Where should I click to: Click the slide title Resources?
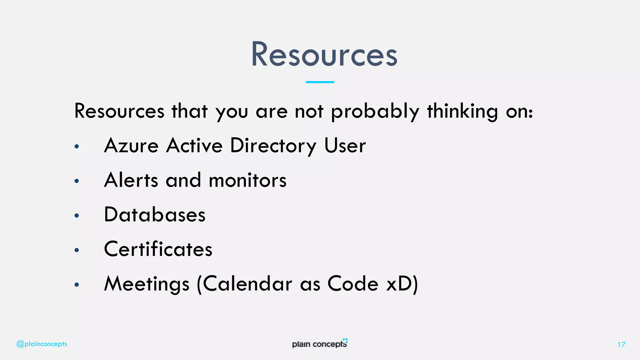point(324,54)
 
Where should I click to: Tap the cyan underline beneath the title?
point(320,82)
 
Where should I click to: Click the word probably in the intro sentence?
point(375,111)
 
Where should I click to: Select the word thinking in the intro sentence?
point(462,111)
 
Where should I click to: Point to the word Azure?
point(131,146)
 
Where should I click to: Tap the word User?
point(345,146)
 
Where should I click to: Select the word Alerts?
point(131,180)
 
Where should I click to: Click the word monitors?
point(247,180)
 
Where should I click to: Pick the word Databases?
point(155,215)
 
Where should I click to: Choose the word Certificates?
point(158,249)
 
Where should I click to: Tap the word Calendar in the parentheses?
point(247,284)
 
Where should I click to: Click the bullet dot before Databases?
point(77,215)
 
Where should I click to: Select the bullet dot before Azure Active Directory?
point(77,146)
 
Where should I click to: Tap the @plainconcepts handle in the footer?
point(42,344)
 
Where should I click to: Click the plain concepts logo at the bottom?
point(320,343)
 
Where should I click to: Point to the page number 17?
point(621,344)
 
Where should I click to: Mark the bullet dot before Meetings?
point(77,284)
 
